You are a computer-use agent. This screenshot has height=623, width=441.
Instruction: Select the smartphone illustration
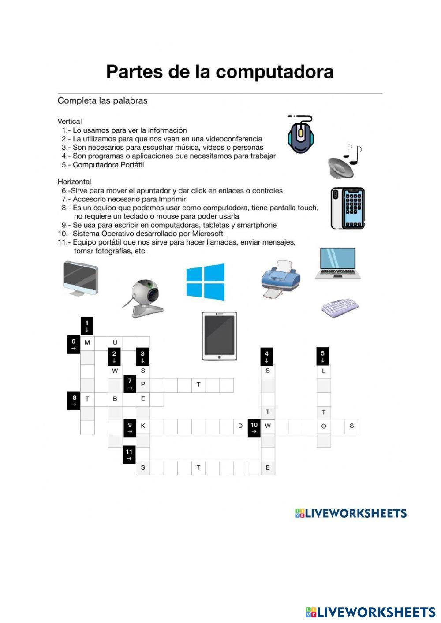(x=348, y=208)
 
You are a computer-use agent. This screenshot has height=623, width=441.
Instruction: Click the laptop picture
(x=338, y=263)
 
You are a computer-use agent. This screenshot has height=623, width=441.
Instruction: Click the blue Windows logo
(x=205, y=282)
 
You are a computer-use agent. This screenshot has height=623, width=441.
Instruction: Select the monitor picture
(x=80, y=278)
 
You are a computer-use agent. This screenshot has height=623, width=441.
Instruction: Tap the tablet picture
(x=219, y=336)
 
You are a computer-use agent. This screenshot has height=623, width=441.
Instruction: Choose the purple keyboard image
(x=340, y=308)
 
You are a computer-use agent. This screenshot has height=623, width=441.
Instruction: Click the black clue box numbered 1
(x=87, y=326)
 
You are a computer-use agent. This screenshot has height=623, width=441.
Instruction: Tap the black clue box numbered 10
(x=254, y=427)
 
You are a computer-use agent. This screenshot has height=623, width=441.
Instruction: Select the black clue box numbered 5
(x=323, y=356)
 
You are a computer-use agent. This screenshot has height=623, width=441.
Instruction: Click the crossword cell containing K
(x=143, y=426)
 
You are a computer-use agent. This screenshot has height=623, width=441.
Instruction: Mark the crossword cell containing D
(x=240, y=426)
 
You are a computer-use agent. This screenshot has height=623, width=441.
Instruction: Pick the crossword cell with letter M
(x=87, y=342)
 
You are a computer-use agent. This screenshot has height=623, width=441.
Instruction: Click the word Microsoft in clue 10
(x=207, y=234)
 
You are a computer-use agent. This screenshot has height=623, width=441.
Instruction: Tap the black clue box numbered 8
(x=74, y=400)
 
